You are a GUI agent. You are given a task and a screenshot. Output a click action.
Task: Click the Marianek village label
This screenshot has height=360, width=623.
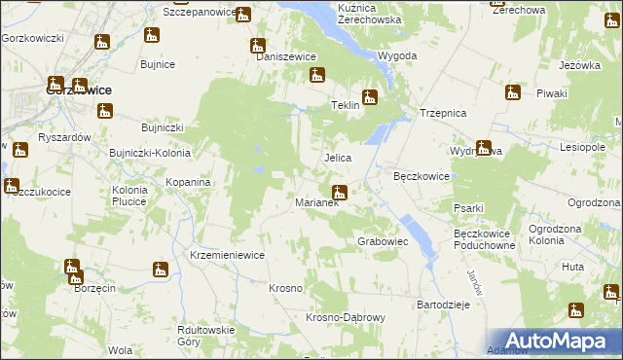pyautogui.click(x=316, y=203)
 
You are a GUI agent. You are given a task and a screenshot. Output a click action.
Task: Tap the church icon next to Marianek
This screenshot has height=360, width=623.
pyautogui.click(x=339, y=192)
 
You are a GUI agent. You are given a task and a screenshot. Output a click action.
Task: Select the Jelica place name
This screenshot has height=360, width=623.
pyautogui.click(x=337, y=157)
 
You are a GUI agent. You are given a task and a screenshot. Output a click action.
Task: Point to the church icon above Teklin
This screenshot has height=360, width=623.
pyautogui.click(x=369, y=96)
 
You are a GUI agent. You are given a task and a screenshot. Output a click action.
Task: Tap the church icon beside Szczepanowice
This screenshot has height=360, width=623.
pyautogui.click(x=242, y=15)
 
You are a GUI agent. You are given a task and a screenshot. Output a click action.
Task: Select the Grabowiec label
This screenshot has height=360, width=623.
pyautogui.click(x=383, y=240)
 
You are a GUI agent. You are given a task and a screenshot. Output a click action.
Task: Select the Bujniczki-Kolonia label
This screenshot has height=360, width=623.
pyautogui.click(x=150, y=153)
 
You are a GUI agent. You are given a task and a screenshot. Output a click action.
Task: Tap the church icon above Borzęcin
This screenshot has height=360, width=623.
pyautogui.click(x=73, y=267)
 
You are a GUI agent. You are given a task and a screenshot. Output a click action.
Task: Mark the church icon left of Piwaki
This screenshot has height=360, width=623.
pyautogui.click(x=512, y=93)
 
